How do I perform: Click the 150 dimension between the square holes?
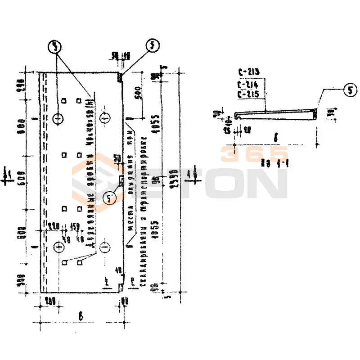coord(75,226)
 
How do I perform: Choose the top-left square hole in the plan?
coord(64,100)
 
